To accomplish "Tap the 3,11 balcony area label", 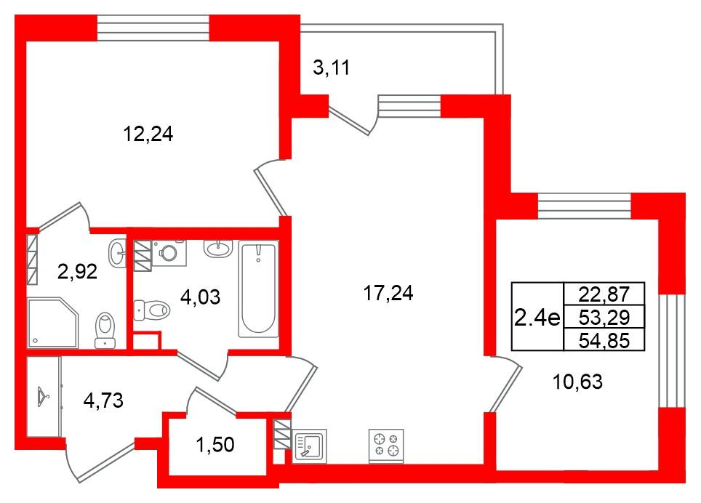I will pyautogui.click(x=332, y=69).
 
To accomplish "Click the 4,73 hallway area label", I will pyautogui.click(x=103, y=399).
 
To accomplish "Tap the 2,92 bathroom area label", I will pyautogui.click(x=77, y=273).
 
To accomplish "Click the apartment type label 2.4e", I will pyautogui.click(x=537, y=317).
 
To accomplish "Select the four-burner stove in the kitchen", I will pyautogui.click(x=386, y=445).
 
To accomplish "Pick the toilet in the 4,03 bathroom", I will pyautogui.click(x=153, y=310).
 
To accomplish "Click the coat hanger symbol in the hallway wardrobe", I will pyautogui.click(x=43, y=396).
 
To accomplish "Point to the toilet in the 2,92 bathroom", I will pyautogui.click(x=106, y=329).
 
